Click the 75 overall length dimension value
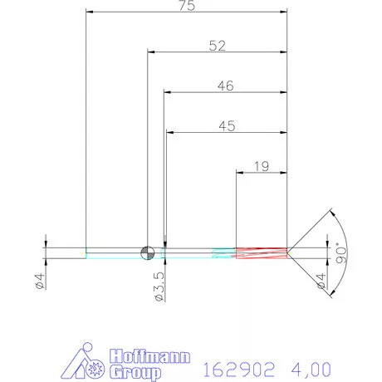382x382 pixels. pyautogui.click(x=187, y=6)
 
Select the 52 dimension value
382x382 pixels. pyautogui.click(x=218, y=47)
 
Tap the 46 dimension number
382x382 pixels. pyautogui.click(x=225, y=86)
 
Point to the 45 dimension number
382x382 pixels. pyautogui.click(x=226, y=126)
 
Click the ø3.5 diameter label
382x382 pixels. pyautogui.click(x=159, y=283)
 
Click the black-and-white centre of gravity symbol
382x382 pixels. pyautogui.click(x=148, y=252)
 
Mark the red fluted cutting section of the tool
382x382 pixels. pyautogui.click(x=262, y=252)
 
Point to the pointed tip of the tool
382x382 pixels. pyautogui.click(x=290, y=252)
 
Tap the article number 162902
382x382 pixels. pyautogui.click(x=237, y=366)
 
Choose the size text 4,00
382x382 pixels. pyautogui.click(x=311, y=366)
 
